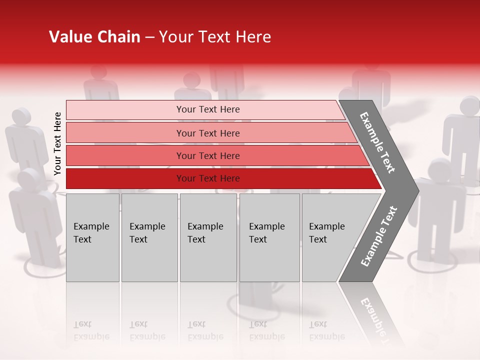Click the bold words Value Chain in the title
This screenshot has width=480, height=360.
coord(94,37)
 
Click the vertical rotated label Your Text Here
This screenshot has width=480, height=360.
coord(57,143)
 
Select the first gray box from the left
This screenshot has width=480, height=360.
coord(92,237)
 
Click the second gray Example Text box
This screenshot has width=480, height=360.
coord(149,237)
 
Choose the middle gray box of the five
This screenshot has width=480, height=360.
coord(208,237)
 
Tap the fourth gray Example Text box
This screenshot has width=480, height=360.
coord(269,237)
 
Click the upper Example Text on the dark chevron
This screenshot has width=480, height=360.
coord(377,142)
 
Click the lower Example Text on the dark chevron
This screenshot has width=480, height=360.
coord(378,236)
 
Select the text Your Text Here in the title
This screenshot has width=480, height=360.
coord(215,37)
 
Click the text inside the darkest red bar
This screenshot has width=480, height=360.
coord(208,178)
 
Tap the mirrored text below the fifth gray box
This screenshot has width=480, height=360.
coord(326,330)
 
